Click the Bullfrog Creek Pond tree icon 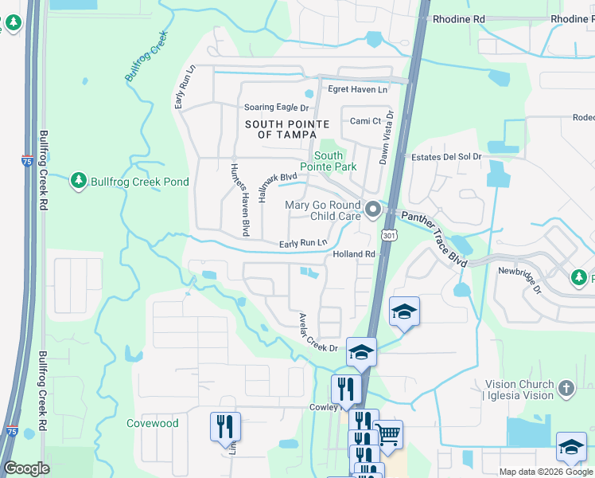(78, 182)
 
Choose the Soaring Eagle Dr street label (275, 108)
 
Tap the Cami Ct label (366, 121)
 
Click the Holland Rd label (354, 254)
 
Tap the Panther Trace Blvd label (434, 228)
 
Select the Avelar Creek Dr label (317, 332)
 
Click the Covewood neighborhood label (153, 423)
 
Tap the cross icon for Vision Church (566, 389)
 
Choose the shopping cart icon (388, 434)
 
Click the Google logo (27, 468)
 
